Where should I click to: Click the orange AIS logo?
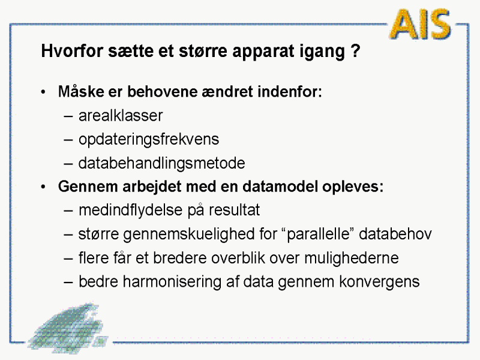tap(420, 24)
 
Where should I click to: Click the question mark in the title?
tap(356, 50)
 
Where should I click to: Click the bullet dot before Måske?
tap(43, 92)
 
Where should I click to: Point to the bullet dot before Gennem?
tap(43, 187)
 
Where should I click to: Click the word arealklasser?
tap(121, 116)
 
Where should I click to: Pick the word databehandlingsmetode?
tap(161, 163)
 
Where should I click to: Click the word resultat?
tap(234, 211)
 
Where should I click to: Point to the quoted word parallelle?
tap(319, 235)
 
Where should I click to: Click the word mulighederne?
tap(352, 258)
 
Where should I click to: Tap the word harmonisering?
tap(172, 282)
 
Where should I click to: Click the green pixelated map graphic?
tap(68, 328)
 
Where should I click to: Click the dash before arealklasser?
tap(68, 116)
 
